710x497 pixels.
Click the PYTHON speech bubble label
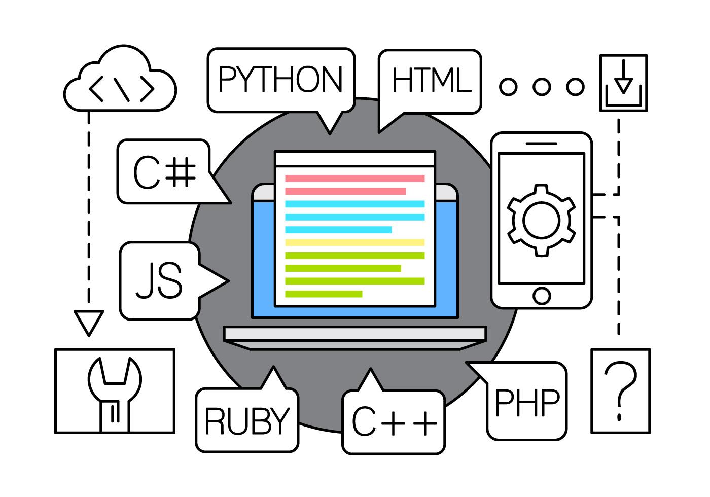click(280, 80)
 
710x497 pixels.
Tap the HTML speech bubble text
click(431, 81)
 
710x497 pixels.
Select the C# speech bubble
click(164, 172)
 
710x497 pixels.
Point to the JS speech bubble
click(159, 280)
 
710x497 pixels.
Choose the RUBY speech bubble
click(247, 421)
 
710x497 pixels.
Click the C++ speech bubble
click(394, 422)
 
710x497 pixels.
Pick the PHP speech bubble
click(526, 402)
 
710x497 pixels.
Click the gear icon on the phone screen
click(542, 220)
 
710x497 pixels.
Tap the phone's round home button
click(542, 295)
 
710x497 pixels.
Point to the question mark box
click(620, 391)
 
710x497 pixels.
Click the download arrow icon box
click(623, 83)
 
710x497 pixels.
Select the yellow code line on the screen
click(354, 242)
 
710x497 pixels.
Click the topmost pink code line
click(354, 179)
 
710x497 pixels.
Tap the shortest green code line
click(324, 294)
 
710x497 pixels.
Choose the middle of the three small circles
click(542, 87)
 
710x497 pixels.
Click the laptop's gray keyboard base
click(355, 337)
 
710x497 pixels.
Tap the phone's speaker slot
click(541, 143)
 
